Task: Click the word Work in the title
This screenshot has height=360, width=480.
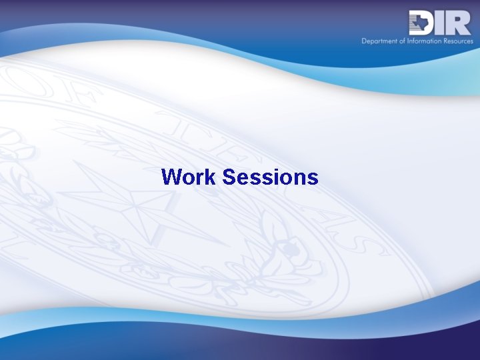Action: pos(189,177)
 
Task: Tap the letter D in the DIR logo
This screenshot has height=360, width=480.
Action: pos(422,23)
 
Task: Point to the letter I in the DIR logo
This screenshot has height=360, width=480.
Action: pos(443,23)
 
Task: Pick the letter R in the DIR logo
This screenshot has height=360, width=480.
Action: pos(460,23)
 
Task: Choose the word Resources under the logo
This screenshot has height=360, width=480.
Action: pos(457,41)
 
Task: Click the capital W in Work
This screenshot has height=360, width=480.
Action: pos(171,177)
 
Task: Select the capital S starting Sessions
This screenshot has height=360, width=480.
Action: pos(229,177)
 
